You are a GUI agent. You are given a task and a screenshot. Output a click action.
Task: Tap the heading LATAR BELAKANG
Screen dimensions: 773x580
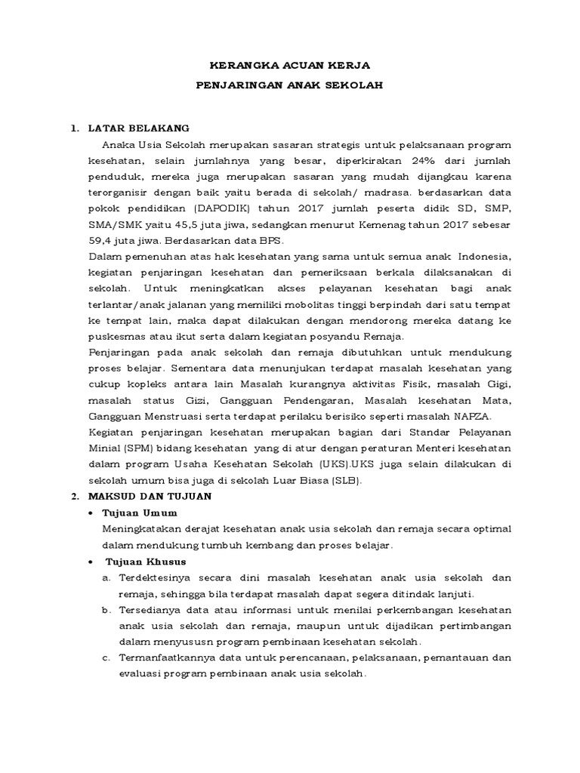138,128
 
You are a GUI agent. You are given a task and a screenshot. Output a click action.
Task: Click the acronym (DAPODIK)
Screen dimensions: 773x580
227,209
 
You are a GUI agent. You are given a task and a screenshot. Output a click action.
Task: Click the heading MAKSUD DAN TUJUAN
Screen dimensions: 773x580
150,497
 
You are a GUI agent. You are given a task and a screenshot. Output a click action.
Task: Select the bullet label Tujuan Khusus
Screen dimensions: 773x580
144,562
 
